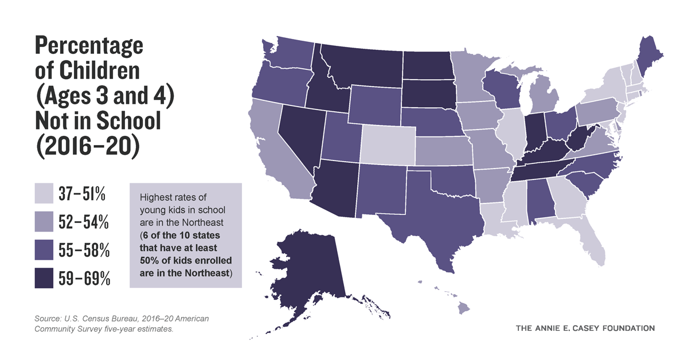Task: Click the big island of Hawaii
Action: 463,308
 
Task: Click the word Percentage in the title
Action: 89,45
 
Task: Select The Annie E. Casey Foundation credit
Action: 585,328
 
